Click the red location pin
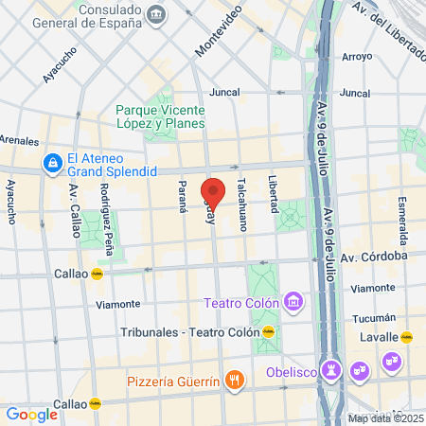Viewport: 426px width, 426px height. [x=213, y=193]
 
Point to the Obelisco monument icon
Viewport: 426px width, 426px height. [x=331, y=368]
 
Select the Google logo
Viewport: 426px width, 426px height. [x=31, y=414]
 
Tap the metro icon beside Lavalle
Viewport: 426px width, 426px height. [x=408, y=336]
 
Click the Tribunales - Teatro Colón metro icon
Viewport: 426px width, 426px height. [x=270, y=332]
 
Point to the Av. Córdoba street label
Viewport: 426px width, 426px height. [x=374, y=257]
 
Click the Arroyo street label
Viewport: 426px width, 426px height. [x=356, y=57]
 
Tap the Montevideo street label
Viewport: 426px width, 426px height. [x=219, y=29]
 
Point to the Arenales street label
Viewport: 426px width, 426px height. [x=20, y=140]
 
